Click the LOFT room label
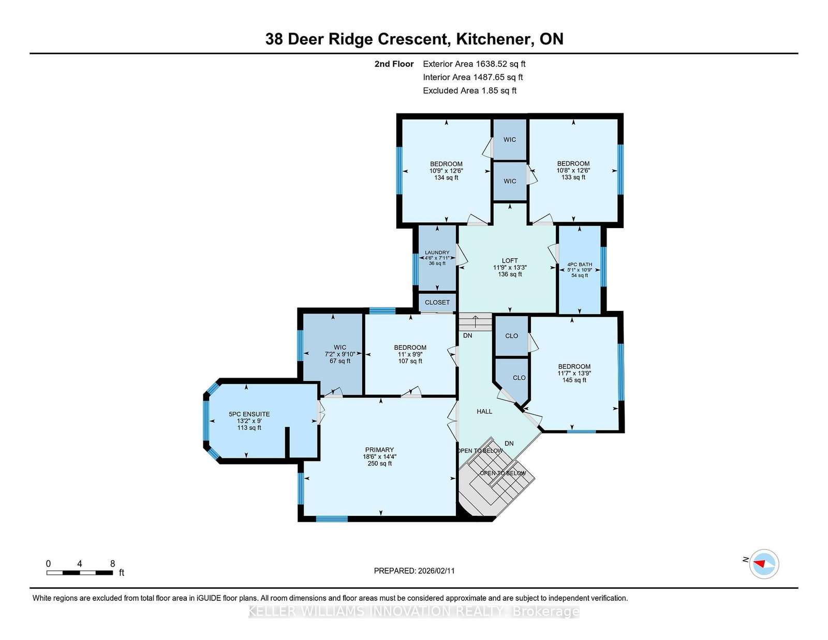point(510,261)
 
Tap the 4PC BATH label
point(580,264)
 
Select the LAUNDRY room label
point(437,252)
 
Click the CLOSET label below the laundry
point(437,302)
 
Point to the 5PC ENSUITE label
point(249,414)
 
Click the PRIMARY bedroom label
point(379,450)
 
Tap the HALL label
point(484,411)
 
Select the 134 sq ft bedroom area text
point(446,177)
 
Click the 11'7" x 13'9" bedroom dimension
point(574,373)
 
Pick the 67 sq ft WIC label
point(340,361)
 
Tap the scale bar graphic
point(80,573)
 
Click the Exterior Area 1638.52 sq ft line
point(474,64)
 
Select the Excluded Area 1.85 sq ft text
point(469,91)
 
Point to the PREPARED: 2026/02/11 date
point(414,571)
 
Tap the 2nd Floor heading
point(394,64)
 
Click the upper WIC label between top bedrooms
point(510,140)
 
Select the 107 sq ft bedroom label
point(410,361)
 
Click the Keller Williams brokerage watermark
point(414,612)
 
